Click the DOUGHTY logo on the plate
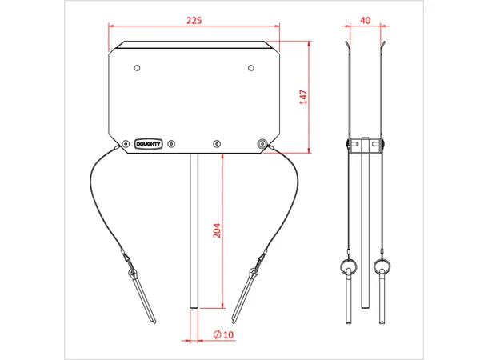[x=149, y=145]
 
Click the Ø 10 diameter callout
[x=223, y=334]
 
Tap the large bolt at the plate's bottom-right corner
[x=262, y=144]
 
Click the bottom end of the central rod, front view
[x=194, y=306]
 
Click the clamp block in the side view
[x=365, y=144]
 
